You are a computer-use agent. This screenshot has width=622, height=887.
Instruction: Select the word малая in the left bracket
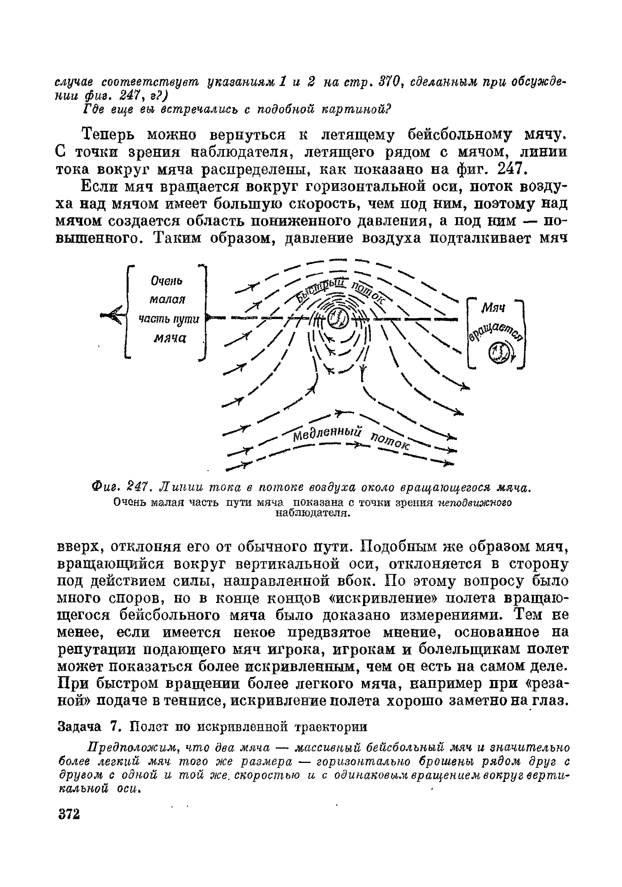click(x=167, y=300)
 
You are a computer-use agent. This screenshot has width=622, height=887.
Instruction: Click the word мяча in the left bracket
click(x=170, y=338)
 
